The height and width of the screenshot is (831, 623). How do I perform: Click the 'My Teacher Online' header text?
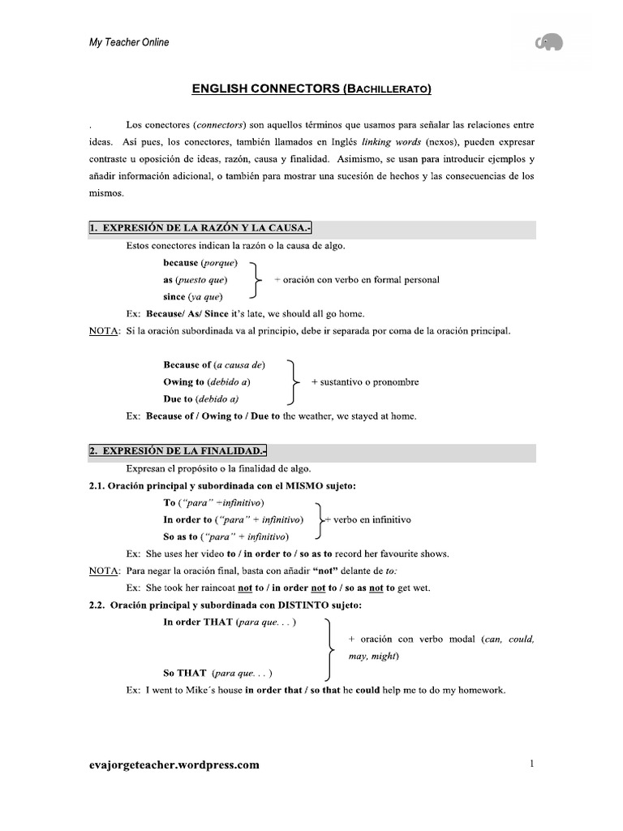(x=129, y=42)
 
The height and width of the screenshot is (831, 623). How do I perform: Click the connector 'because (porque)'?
(x=200, y=263)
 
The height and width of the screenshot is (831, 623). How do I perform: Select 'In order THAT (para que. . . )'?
(x=230, y=622)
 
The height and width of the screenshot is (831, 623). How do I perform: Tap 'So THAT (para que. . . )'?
(x=217, y=673)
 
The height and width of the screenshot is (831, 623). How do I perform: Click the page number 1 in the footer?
(x=531, y=764)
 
